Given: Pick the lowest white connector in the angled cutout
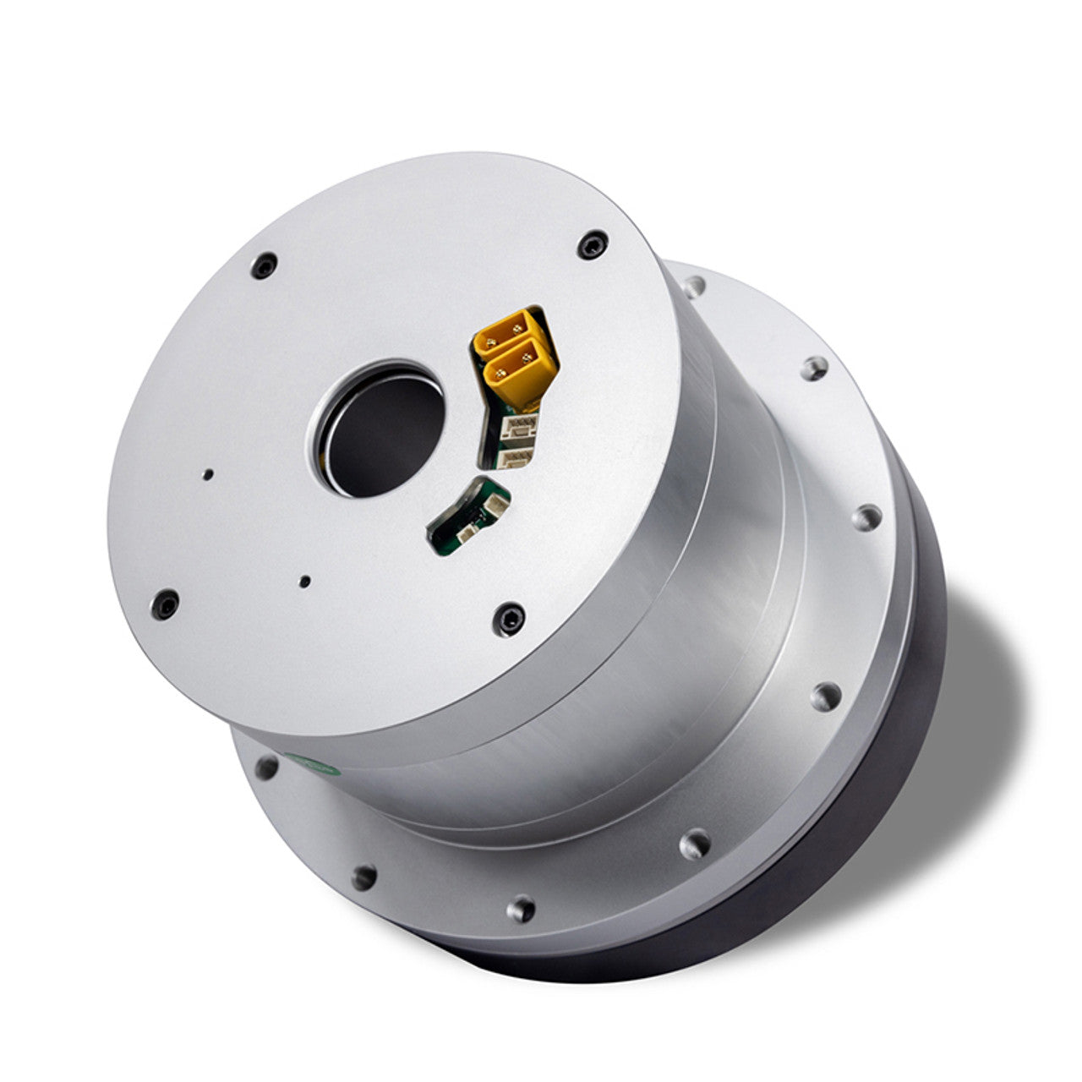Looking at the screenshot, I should point(512,458).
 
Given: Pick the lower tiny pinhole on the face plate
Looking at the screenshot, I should point(305,581).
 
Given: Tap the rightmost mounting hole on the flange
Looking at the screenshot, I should point(866,516).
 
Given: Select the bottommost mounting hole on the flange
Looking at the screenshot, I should point(522,910).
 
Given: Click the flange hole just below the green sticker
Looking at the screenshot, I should point(267,768).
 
